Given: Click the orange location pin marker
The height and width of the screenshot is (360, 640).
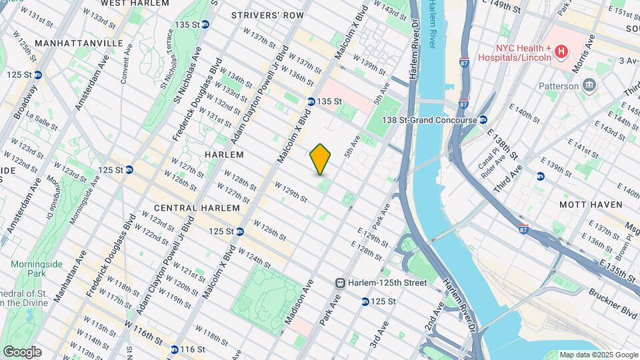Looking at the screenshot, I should pos(321,159).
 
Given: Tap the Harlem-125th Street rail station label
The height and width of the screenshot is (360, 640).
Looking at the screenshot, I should pos(390,283).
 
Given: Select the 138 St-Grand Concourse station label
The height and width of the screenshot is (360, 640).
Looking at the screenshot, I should pos(430,120).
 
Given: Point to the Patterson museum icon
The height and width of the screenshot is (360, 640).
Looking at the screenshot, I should pos(589,85).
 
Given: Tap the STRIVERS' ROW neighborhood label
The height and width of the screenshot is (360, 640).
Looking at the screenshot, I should pos(262,15).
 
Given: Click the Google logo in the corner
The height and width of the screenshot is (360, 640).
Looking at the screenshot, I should pos(22,351).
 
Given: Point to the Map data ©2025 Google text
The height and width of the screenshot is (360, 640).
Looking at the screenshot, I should pos(598,355).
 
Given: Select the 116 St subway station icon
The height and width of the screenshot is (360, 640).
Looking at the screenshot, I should pos(174,349).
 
